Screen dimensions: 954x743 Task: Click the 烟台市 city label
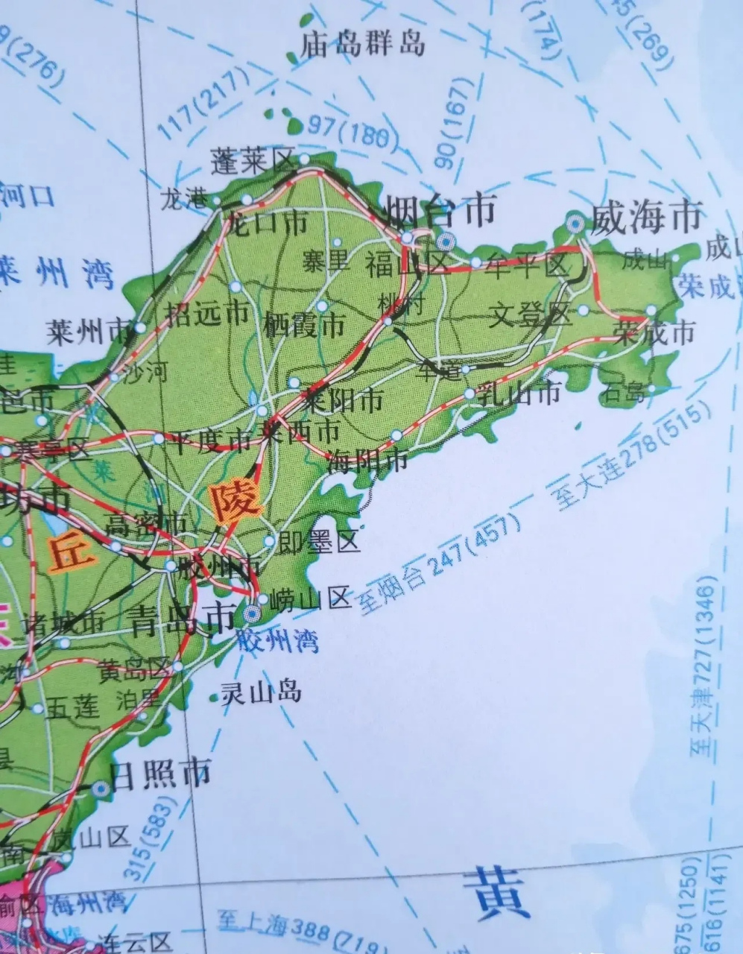[440, 211]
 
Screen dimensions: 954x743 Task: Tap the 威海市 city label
[646, 217]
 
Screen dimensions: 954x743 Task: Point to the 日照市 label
[159, 774]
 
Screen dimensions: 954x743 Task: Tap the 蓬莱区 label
[253, 160]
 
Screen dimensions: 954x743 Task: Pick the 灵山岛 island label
[260, 692]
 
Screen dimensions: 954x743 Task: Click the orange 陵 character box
[236, 502]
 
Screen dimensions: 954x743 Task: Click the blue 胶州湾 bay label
[276, 639]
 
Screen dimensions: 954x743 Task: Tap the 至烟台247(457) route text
[439, 564]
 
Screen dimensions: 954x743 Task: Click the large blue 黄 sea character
[497, 893]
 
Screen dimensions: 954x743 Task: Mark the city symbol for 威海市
[575, 222]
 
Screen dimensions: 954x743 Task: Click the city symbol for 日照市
[101, 788]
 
